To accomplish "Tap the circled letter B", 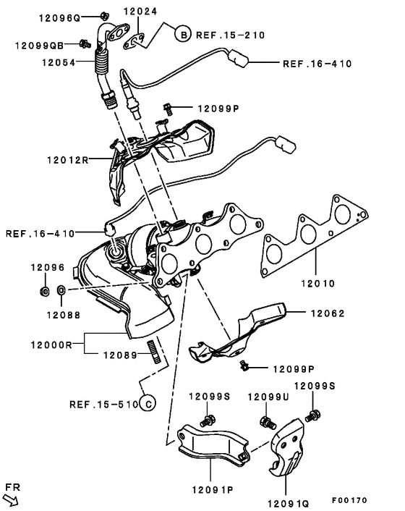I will click(x=184, y=34).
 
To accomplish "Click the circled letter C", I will click(x=146, y=404).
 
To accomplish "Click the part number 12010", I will click(x=318, y=283).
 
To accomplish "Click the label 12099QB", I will click(x=43, y=45).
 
